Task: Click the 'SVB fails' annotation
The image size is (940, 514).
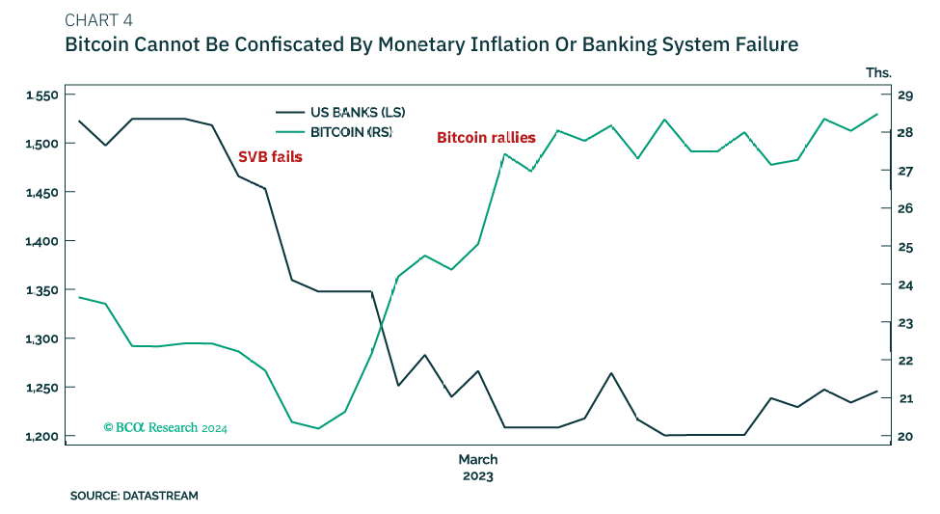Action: coord(270,156)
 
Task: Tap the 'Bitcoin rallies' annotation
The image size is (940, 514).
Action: coord(486,138)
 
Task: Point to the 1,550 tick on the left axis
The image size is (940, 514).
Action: coord(42,95)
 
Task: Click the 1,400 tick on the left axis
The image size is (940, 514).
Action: coord(42,241)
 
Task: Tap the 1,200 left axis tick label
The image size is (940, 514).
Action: coord(42,437)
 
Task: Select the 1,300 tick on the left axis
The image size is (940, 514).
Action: coord(42,339)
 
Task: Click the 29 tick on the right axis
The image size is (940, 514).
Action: coord(905,95)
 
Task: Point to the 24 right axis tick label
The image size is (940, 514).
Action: coord(905,284)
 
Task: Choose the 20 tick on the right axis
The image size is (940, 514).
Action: coord(905,437)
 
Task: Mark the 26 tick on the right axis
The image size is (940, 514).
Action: coord(905,209)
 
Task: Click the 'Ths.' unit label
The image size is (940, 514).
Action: coord(878,72)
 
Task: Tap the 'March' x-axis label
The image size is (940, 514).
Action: coord(478,459)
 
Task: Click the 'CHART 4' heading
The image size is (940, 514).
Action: coord(98,21)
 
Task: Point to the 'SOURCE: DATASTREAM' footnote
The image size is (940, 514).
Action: coord(134,496)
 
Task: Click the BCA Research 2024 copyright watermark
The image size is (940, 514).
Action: coord(165,426)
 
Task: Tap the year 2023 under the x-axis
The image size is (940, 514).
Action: coord(478,475)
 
